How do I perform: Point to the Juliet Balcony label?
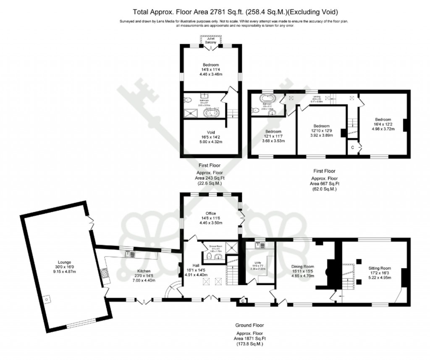(x=210, y=40)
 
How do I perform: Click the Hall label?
(x=195, y=265)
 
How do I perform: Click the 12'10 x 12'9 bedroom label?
(x=321, y=126)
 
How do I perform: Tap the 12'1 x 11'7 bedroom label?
(x=273, y=131)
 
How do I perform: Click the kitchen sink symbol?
(x=128, y=253)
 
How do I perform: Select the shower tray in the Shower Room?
(x=230, y=246)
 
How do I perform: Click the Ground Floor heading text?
(x=249, y=325)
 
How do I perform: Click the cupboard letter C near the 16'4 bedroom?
(x=352, y=147)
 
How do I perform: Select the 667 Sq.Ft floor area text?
(x=325, y=183)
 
